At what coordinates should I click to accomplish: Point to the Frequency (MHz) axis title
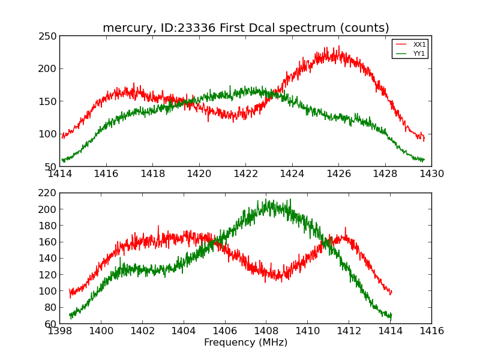[245, 343]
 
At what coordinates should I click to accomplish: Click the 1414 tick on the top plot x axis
[60, 174]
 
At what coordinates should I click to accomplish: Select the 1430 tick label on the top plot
[431, 174]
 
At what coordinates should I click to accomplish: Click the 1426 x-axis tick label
[338, 174]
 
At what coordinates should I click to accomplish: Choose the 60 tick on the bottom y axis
[51, 323]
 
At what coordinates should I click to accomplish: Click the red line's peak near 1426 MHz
[338, 47]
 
